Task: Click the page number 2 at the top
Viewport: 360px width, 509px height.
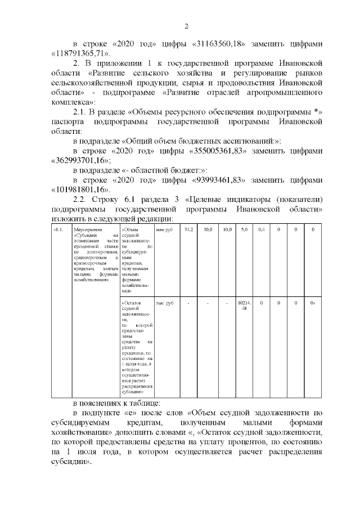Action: pyautogui.click(x=187, y=25)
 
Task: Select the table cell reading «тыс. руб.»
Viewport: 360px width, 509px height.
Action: pyautogui.click(x=165, y=303)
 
